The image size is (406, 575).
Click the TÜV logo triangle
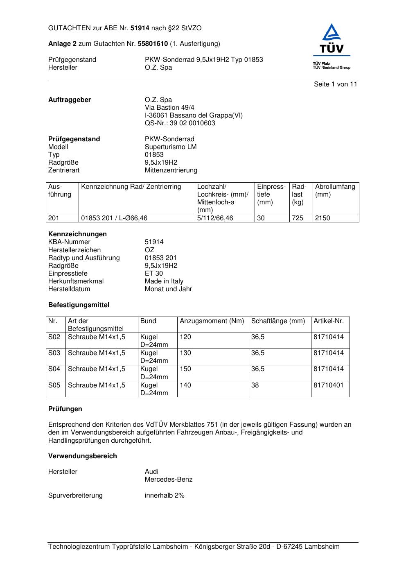(331, 34)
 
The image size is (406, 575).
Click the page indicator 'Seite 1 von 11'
(335, 84)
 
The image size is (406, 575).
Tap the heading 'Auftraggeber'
(70, 100)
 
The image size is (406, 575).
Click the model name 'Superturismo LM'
(170, 147)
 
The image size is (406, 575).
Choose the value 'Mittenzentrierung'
(171, 170)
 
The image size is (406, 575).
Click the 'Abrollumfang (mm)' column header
(335, 190)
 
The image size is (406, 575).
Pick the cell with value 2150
(323, 218)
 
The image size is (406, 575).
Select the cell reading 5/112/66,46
(215, 218)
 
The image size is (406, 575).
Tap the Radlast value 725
(298, 218)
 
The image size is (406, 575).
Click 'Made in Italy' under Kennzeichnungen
(164, 281)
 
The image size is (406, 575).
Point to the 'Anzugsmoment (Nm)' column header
(212, 321)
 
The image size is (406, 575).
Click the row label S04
(54, 369)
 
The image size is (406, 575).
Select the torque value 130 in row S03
(185, 353)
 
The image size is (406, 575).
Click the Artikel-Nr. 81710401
(328, 385)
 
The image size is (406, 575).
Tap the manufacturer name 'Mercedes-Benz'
(168, 480)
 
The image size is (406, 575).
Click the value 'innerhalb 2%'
(164, 496)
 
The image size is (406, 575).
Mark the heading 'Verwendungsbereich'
(82, 456)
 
